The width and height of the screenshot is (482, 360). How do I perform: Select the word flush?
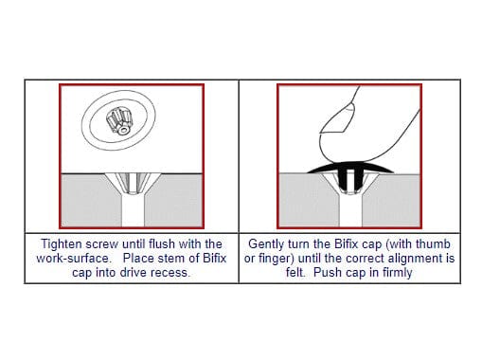(162, 243)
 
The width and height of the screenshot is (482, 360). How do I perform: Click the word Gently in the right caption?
(266, 244)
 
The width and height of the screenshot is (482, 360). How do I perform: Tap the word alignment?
(416, 259)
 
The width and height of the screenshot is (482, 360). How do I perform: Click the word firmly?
(397, 273)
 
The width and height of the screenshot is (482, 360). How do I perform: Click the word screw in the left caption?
(102, 244)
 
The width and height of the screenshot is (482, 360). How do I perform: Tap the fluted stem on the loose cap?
(119, 121)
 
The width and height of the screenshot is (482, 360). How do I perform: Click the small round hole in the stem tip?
(123, 130)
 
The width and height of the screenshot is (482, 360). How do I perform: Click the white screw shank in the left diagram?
(133, 209)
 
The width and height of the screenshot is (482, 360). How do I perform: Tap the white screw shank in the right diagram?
(350, 209)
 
